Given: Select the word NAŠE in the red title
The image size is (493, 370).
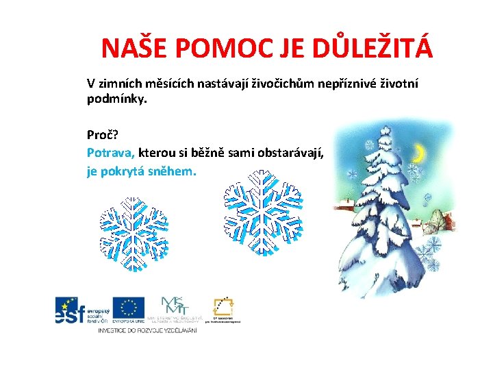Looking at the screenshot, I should click(x=133, y=48).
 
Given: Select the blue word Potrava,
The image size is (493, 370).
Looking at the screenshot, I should click(x=111, y=152).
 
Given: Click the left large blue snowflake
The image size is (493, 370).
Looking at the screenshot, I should click(x=134, y=233).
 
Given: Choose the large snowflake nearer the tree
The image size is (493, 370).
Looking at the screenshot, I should click(x=262, y=210).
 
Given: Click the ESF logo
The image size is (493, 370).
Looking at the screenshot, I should click(x=81, y=311).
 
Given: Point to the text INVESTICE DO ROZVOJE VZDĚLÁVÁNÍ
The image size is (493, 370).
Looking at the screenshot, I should click(x=147, y=331).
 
